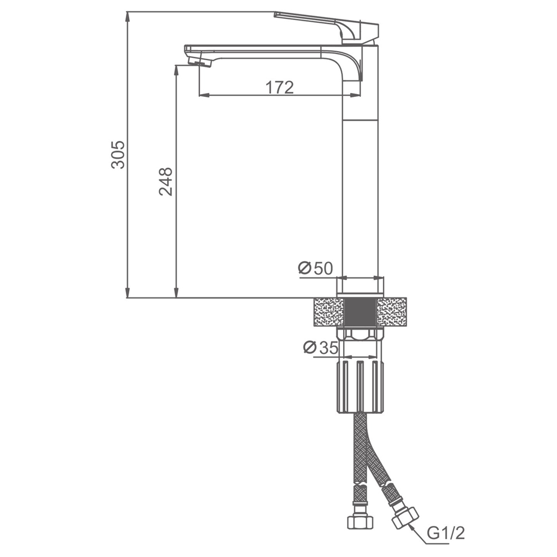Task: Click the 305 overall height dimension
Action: (x=118, y=155)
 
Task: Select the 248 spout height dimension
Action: (x=166, y=181)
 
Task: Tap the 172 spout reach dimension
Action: (x=280, y=87)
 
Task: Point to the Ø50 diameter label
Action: (x=315, y=268)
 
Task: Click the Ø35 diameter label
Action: (x=321, y=348)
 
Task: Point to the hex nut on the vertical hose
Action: (x=360, y=521)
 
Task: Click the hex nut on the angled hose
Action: (x=405, y=520)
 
